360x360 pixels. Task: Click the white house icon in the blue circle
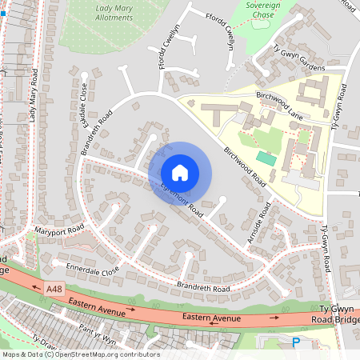coord(180,173)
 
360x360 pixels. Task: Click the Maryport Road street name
coord(59,231)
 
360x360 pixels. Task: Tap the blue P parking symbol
coord(295,342)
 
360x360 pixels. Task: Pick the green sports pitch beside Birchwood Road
coord(266,159)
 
